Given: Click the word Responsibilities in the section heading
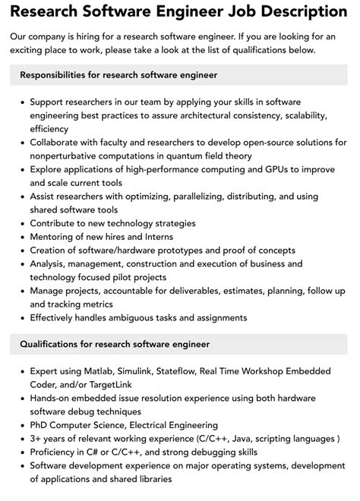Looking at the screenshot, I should [x=58, y=75].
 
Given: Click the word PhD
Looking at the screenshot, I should [x=40, y=426].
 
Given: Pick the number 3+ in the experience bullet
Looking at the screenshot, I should [x=36, y=440].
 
